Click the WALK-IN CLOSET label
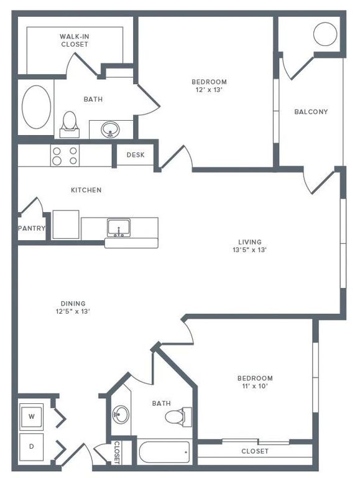tap(74, 40)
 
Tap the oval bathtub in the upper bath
tap(37, 107)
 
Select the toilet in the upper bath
tap(70, 123)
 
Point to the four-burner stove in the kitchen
tap(65, 156)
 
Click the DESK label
tap(136, 155)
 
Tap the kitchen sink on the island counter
tap(118, 227)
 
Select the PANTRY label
tap(31, 228)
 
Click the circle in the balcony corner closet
tap(325, 34)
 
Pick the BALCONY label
tap(310, 112)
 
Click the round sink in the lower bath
tap(121, 413)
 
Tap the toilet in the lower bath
tap(178, 416)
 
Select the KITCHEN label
tap(86, 190)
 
